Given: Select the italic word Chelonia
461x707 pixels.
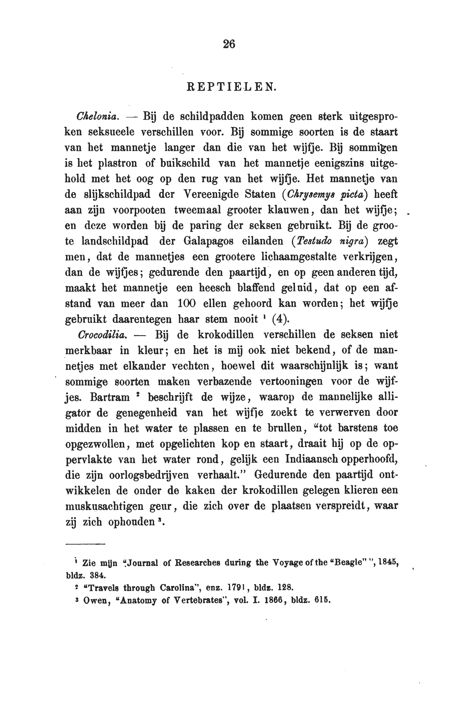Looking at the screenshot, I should pos(98,116).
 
